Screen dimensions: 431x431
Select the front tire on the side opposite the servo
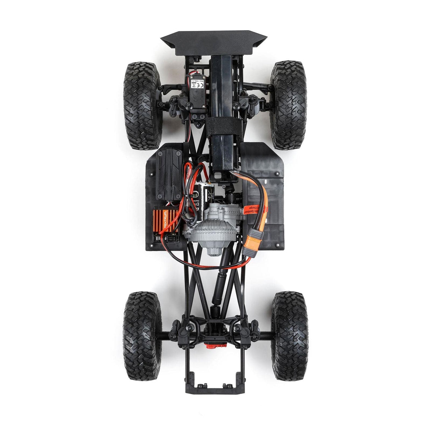tap(288, 105)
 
